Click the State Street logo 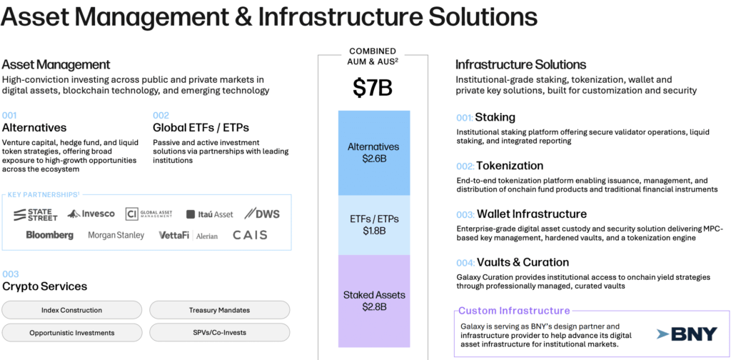36,214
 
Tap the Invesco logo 91,214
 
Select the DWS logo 262,214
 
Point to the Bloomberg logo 50,236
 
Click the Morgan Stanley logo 116,236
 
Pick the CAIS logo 251,235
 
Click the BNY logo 687,334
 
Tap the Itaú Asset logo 210,214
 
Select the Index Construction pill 72,310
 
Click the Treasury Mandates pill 220,310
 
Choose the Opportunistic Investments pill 72,333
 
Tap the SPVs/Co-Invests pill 220,333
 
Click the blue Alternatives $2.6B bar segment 374,153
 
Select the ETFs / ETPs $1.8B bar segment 374,225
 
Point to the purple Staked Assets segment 374,301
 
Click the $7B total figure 373,89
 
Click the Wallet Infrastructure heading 532,214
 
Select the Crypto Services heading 45,286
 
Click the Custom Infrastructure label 514,311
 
